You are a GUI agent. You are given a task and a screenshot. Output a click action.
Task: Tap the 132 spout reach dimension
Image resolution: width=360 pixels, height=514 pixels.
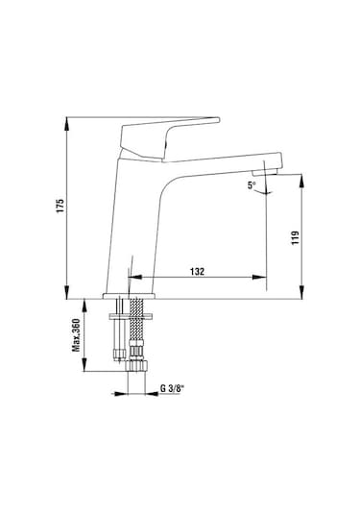point(198,272)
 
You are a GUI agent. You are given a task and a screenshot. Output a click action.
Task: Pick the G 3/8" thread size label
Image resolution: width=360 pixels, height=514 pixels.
point(171,391)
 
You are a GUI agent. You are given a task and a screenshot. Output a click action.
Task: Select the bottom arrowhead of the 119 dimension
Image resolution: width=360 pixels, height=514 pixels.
point(305,295)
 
